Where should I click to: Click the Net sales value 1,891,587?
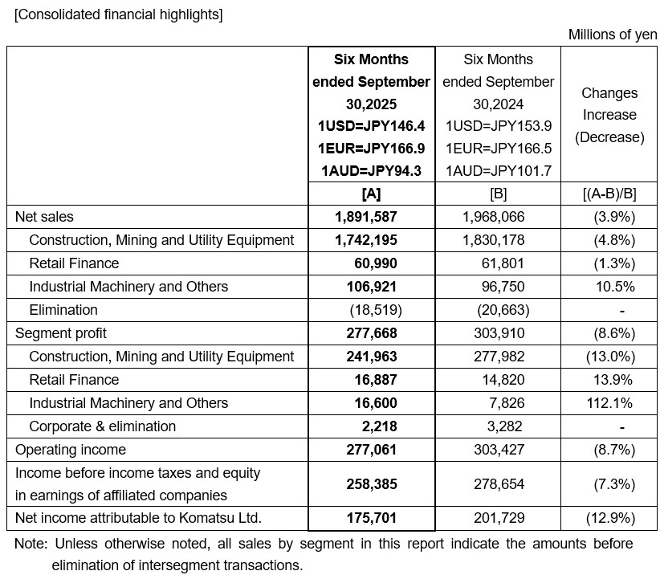click(366, 217)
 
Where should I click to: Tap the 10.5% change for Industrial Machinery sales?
click(614, 287)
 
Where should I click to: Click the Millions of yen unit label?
click(613, 35)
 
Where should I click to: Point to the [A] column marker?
click(372, 194)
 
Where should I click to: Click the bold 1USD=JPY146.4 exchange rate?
click(372, 126)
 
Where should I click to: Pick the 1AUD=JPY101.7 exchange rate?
click(498, 170)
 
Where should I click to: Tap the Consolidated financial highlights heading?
click(119, 14)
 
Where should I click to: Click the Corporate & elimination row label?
click(102, 426)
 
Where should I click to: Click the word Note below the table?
click(29, 544)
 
